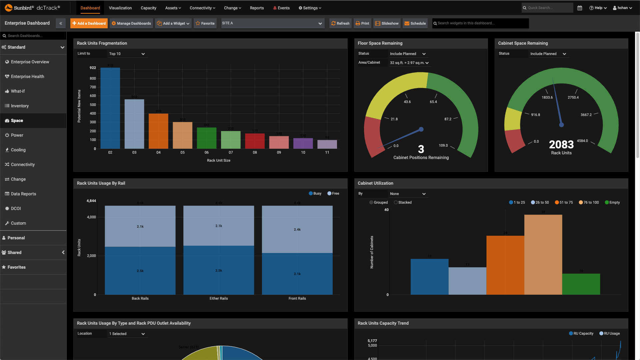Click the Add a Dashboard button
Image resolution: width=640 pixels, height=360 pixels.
pyautogui.click(x=89, y=23)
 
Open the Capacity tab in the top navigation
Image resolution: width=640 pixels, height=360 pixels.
pyautogui.click(x=148, y=8)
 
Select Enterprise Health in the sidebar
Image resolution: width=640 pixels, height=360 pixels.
pyautogui.click(x=27, y=77)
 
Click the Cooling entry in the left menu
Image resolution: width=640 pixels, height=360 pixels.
pyautogui.click(x=18, y=150)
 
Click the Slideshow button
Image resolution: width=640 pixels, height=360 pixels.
pyautogui.click(x=387, y=23)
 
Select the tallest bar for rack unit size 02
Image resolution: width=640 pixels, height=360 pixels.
pyautogui.click(x=110, y=108)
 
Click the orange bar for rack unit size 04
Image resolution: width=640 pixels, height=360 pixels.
pyautogui.click(x=158, y=131)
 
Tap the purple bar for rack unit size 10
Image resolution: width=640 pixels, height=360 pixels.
pyautogui.click(x=303, y=143)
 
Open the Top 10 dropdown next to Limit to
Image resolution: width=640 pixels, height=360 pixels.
pyautogui.click(x=127, y=54)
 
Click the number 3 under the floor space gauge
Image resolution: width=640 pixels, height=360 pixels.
pyautogui.click(x=421, y=149)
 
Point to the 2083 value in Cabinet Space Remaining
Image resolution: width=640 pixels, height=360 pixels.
pyautogui.click(x=561, y=144)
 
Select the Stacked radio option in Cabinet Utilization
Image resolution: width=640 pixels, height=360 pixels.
pyautogui.click(x=396, y=202)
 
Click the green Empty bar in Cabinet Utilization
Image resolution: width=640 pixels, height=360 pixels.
pyautogui.click(x=581, y=284)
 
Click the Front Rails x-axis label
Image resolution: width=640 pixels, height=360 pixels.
pyautogui.click(x=297, y=298)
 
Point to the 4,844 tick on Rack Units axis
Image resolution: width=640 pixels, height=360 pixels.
pyautogui.click(x=91, y=201)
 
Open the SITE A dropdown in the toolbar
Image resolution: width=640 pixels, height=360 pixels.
pyautogui.click(x=272, y=23)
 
